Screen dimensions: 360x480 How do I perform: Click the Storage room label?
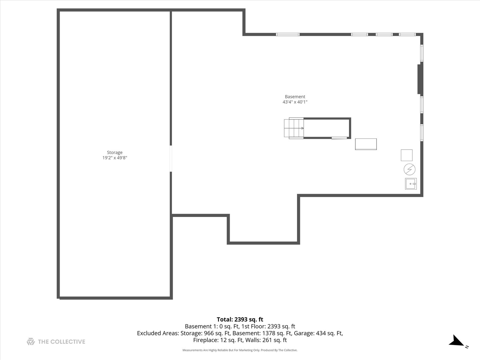pyautogui.click(x=115, y=152)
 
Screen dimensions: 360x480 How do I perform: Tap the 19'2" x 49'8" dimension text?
pyautogui.click(x=115, y=158)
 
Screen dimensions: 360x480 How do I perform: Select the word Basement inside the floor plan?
pyautogui.click(x=295, y=97)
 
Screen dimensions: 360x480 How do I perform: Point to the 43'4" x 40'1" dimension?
pyautogui.click(x=295, y=102)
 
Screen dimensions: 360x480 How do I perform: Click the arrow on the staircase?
pyautogui.click(x=302, y=128)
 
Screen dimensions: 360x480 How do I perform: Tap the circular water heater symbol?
pyautogui.click(x=409, y=169)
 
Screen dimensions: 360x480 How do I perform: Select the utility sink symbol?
pyautogui.click(x=411, y=184)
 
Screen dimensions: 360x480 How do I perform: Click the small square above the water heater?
pyautogui.click(x=406, y=155)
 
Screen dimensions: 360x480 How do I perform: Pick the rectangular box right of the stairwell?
pyautogui.click(x=366, y=144)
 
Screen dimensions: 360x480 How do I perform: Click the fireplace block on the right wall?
pyautogui.click(x=420, y=79)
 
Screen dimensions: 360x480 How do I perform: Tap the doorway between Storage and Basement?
pyautogui.click(x=171, y=158)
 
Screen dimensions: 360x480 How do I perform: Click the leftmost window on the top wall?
pyautogui.click(x=288, y=34)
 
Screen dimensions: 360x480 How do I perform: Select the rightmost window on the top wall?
pyautogui.click(x=407, y=34)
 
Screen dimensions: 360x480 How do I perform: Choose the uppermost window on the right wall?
pyautogui.click(x=422, y=53)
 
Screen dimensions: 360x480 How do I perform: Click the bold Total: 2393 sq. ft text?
pyautogui.click(x=240, y=319)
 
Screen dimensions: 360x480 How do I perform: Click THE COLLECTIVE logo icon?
pyautogui.click(x=31, y=341)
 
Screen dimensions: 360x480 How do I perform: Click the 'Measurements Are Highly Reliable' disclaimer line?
pyautogui.click(x=240, y=350)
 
